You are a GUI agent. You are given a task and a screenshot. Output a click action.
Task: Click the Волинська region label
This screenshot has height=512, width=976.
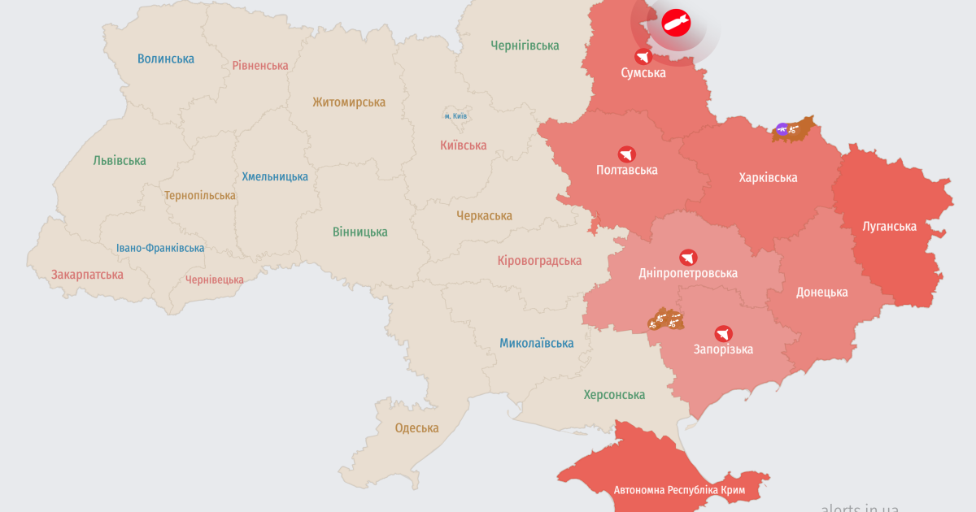(166, 59)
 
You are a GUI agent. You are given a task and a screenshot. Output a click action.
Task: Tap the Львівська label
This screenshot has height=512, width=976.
(120, 160)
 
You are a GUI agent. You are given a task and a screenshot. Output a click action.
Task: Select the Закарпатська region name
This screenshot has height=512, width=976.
(87, 275)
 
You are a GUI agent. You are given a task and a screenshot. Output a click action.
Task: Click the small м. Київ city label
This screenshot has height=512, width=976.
(455, 116)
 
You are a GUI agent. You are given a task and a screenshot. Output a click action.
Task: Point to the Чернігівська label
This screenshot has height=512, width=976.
(525, 46)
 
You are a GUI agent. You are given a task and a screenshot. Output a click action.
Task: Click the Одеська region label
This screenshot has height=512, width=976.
(416, 428)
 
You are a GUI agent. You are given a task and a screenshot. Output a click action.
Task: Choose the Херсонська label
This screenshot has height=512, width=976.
(614, 395)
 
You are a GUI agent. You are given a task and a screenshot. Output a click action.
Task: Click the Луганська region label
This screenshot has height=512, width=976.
(889, 227)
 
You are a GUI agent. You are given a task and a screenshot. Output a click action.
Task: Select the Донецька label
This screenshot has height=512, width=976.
(821, 292)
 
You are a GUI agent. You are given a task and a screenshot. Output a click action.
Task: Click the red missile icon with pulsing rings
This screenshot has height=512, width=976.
(676, 23)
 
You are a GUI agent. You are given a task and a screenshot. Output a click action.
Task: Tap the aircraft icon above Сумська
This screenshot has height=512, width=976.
(643, 56)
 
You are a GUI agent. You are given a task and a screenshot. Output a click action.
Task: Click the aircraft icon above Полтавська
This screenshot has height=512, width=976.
(626, 154)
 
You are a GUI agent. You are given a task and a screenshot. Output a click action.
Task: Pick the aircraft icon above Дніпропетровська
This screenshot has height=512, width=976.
(688, 257)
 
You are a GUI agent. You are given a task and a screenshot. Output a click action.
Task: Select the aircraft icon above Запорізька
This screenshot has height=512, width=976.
(723, 333)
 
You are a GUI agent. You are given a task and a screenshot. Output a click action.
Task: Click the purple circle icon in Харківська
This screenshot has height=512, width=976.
(782, 128)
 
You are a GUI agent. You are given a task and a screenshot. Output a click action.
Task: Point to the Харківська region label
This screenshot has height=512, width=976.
(768, 177)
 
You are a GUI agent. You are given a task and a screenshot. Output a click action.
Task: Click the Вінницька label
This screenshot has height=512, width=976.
(359, 232)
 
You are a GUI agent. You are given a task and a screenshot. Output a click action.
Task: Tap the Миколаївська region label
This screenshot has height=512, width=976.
(536, 343)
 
